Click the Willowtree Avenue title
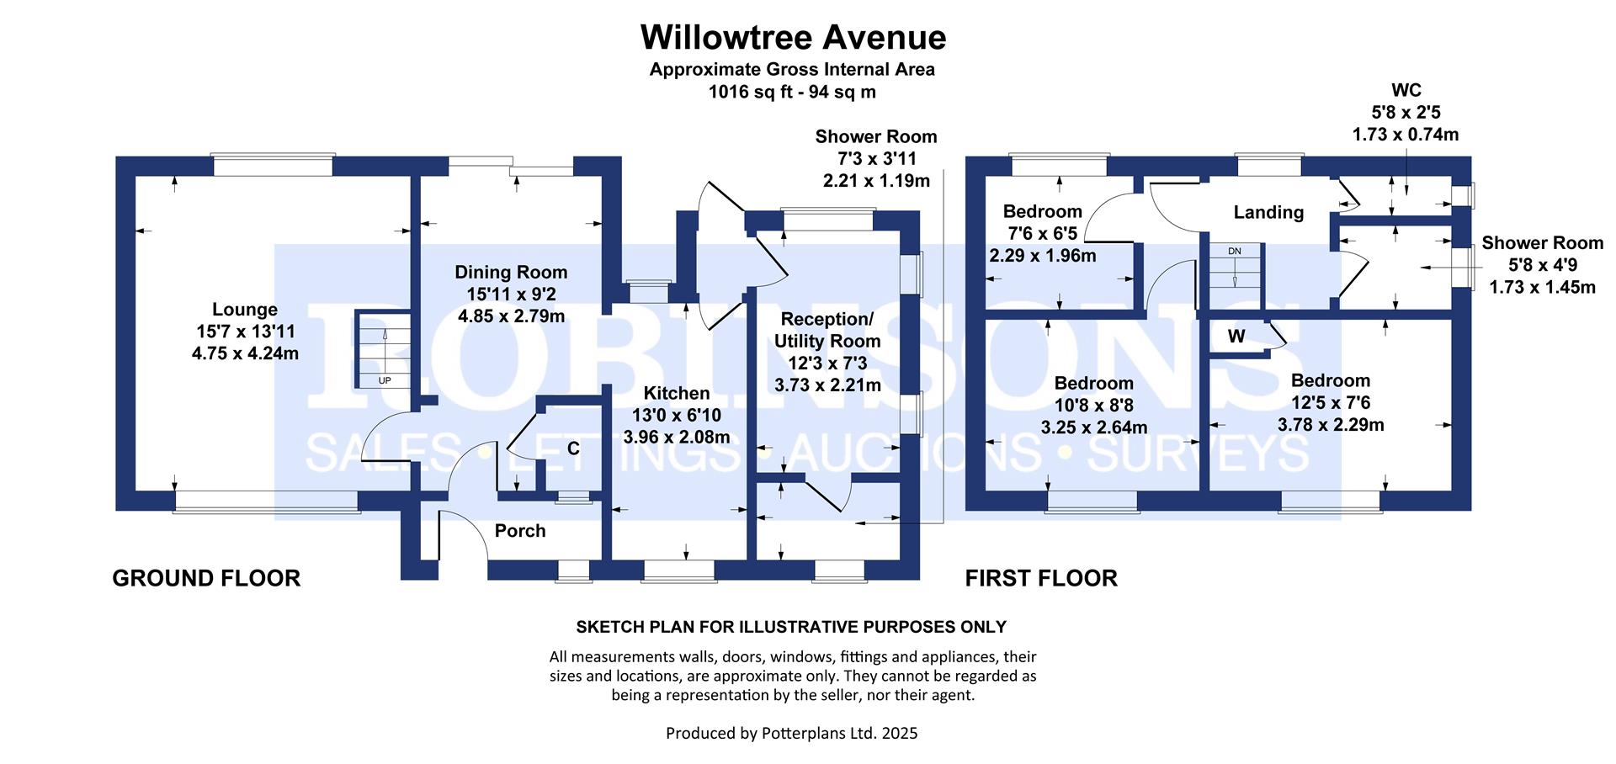point(793,37)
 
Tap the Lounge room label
point(244,310)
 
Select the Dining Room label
point(511,273)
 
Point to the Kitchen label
point(676,393)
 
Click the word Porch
point(520,531)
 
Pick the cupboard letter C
point(573,449)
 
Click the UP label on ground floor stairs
point(385,381)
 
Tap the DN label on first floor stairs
point(1235,252)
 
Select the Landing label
point(1268,213)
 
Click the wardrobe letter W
point(1236,337)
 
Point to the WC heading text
point(1406,90)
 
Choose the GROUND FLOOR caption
point(206,578)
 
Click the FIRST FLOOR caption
point(1041,578)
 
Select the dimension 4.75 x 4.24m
point(245,353)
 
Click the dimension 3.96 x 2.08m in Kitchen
point(677,437)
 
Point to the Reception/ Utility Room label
point(827,330)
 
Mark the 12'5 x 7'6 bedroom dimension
point(1331,403)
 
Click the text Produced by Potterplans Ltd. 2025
point(792,733)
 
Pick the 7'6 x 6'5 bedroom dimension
point(1043,233)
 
